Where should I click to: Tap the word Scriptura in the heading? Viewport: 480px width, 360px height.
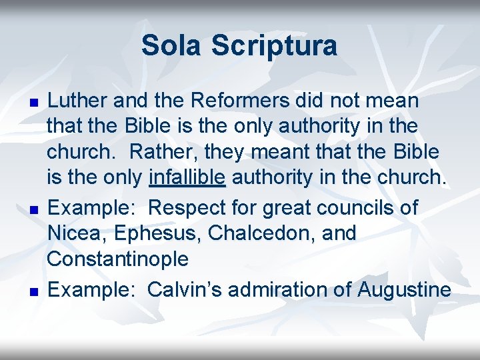(274, 46)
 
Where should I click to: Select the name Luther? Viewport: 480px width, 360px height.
(78, 101)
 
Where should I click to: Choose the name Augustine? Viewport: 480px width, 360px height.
(404, 290)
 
